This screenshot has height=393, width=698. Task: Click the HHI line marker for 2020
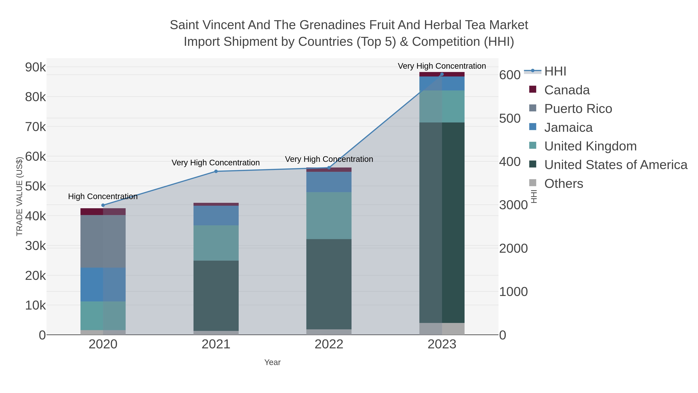103,205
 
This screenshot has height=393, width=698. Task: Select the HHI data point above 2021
216,171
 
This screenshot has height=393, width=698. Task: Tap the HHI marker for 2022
329,168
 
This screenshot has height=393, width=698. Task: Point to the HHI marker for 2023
442,74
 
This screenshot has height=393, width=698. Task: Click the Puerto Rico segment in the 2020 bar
103,241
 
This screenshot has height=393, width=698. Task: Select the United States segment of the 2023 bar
442,222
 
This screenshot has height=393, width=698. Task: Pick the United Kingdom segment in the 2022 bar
329,216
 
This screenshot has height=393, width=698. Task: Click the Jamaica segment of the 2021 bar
216,216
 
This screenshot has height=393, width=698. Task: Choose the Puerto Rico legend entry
578,109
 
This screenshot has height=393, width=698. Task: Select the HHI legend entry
555,71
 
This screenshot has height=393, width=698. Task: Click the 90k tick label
35,67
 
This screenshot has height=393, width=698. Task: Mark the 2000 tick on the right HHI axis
513,248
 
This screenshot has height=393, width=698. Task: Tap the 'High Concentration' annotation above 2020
103,196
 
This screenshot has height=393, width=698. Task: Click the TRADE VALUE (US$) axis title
20,196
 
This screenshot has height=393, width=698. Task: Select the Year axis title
272,362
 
